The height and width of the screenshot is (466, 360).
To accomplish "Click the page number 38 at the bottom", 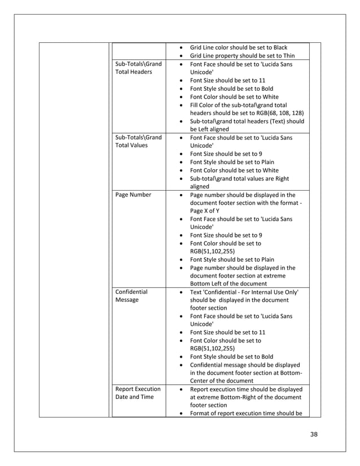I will click(314, 434).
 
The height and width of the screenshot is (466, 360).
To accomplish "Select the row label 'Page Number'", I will click(133, 195).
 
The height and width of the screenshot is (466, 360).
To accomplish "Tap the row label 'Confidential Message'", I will click(131, 296).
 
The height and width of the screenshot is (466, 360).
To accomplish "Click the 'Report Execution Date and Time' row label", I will click(138, 393).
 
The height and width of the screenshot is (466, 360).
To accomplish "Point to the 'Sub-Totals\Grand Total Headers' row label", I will click(138, 68).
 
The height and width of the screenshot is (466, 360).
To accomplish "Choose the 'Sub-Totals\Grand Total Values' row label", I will click(138, 141).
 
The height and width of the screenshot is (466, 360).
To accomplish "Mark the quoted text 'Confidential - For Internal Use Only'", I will click(249, 292).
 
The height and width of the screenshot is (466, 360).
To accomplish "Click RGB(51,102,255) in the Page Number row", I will click(212, 251).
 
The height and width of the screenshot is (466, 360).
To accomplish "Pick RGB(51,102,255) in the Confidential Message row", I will click(212, 349).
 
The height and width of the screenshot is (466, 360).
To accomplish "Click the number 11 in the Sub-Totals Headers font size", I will click(261, 81).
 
